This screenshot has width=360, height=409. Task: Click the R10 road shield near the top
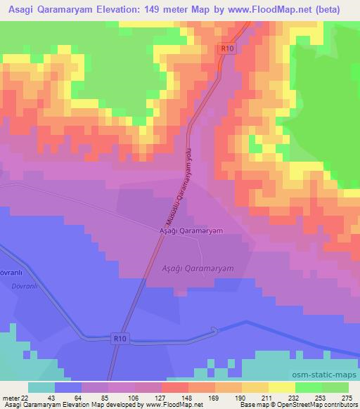point(225,48)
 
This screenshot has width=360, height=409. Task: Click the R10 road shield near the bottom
point(120,339)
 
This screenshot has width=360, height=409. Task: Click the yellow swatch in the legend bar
point(281,387)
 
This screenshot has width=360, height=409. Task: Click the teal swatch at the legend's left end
point(41,387)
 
